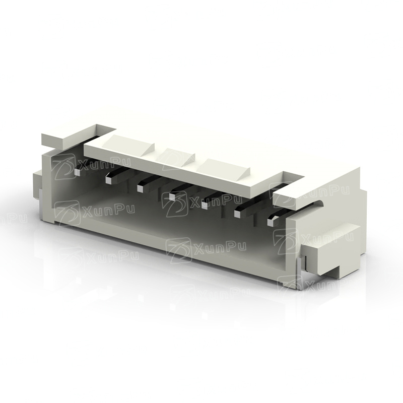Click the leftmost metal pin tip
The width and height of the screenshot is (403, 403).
(x=77, y=172)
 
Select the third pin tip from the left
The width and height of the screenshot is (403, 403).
(x=140, y=188)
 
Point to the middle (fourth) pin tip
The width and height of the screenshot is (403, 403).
(x=172, y=197)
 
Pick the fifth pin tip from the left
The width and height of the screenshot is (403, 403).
(x=205, y=205)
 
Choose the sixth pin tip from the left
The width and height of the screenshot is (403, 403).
(x=237, y=214)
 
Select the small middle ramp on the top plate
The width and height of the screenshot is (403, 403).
(x=178, y=157)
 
